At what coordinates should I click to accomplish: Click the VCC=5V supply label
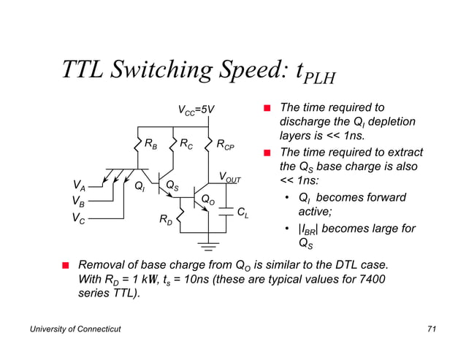coord(196,110)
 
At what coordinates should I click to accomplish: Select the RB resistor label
coord(151,145)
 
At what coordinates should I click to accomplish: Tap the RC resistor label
coord(188,145)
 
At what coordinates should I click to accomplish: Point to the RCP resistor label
coord(225,145)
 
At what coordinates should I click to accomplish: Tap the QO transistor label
coord(207,199)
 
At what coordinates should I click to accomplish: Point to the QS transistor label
coord(172,185)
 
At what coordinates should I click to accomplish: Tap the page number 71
coord(431,331)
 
